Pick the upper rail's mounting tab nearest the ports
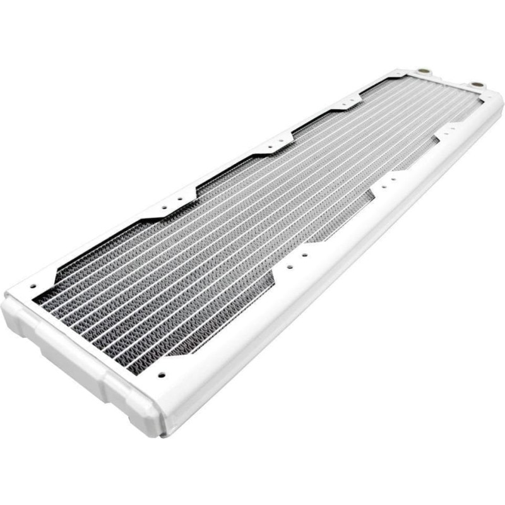tap(345, 101)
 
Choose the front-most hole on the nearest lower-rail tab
tap(289, 267)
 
